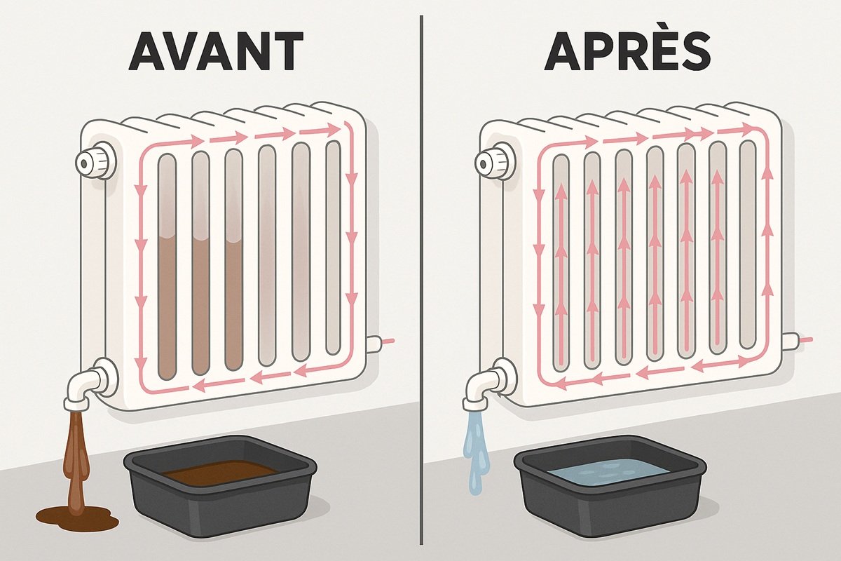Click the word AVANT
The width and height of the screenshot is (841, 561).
216,51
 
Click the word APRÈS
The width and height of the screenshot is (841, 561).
627,51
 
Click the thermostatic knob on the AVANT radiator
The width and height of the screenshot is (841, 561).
95,161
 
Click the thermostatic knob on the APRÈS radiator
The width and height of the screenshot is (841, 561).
493,162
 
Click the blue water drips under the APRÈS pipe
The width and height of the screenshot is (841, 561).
476,451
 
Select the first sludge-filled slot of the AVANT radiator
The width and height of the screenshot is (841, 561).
167,266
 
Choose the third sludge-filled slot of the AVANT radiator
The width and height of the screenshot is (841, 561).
234,259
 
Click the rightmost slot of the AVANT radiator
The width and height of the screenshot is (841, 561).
333,248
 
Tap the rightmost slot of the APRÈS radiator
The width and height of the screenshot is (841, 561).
748,244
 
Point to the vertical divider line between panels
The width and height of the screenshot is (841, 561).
421,280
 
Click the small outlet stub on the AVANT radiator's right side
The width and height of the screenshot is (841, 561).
374,344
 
